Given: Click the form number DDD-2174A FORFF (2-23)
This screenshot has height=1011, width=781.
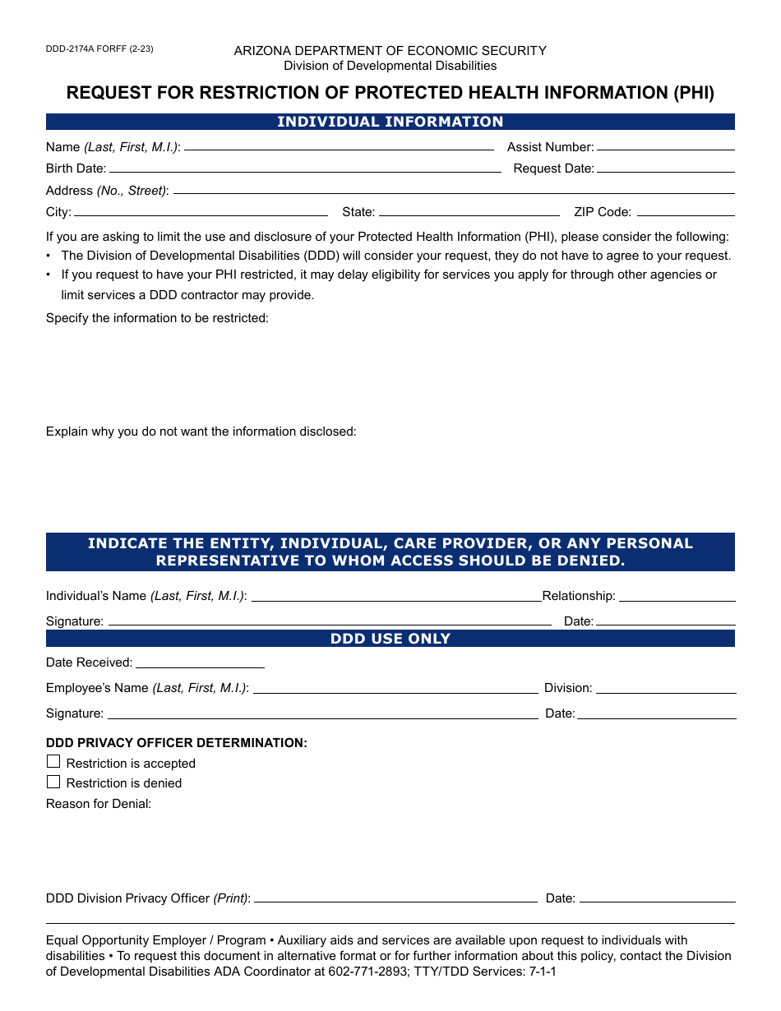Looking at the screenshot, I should (x=99, y=48).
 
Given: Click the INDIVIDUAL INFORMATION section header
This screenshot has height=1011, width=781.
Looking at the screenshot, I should (x=390, y=122).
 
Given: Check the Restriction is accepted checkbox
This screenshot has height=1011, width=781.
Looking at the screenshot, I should (x=53, y=762).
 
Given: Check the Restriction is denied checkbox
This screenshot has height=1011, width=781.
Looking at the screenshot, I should (x=53, y=782).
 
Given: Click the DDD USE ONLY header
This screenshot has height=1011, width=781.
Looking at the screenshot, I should (x=390, y=639).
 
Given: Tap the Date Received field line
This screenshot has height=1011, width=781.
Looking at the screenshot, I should (x=200, y=663).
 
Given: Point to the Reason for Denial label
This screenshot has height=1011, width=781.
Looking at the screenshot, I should (x=99, y=804).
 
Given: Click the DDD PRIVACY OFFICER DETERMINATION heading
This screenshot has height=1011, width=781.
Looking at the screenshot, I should (x=177, y=743).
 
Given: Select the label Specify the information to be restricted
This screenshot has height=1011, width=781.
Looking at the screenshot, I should (x=157, y=318).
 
